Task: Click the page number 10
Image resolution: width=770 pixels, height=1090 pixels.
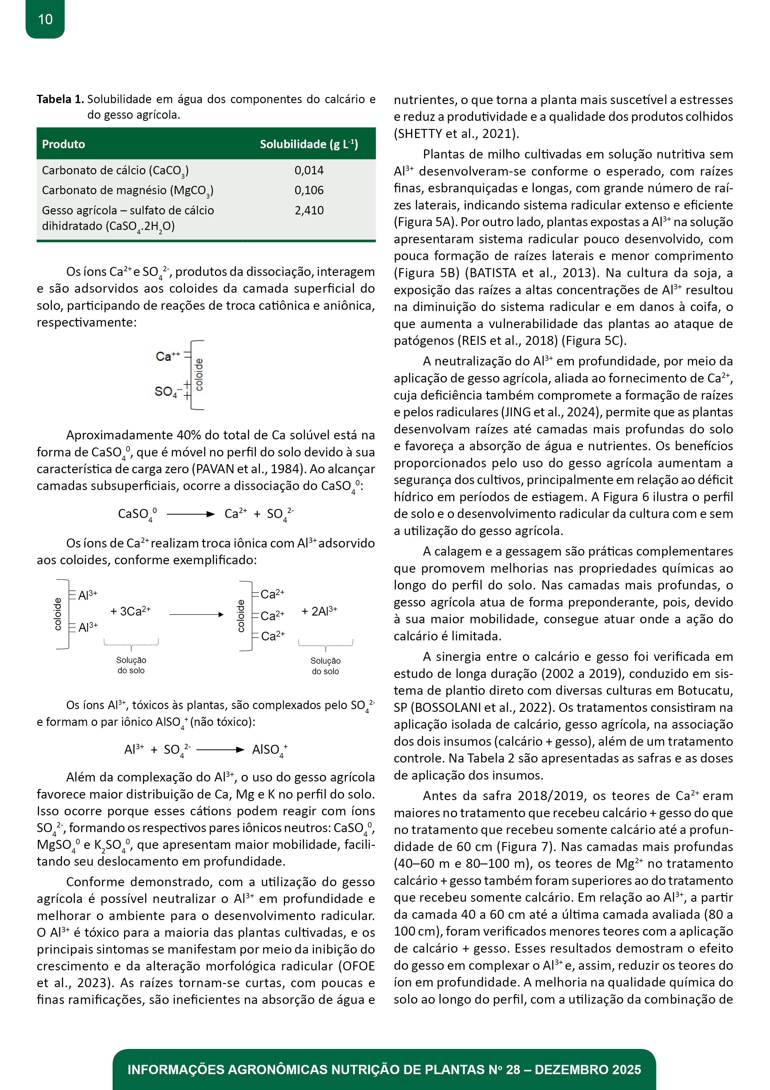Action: coord(45,20)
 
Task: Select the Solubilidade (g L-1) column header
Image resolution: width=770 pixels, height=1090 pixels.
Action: coord(308,144)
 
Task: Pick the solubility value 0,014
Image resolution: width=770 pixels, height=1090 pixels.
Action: coord(309,171)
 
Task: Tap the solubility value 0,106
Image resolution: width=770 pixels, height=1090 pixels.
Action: coord(309,190)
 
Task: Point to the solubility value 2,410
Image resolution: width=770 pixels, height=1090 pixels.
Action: coord(309,210)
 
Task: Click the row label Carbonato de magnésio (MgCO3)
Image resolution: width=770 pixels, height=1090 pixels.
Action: coord(127,191)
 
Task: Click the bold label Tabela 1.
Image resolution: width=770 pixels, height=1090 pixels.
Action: coord(60,99)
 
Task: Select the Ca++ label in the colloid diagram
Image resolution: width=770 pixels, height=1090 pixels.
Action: coord(167,356)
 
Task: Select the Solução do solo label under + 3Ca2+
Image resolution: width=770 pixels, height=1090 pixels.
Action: coord(131,665)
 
